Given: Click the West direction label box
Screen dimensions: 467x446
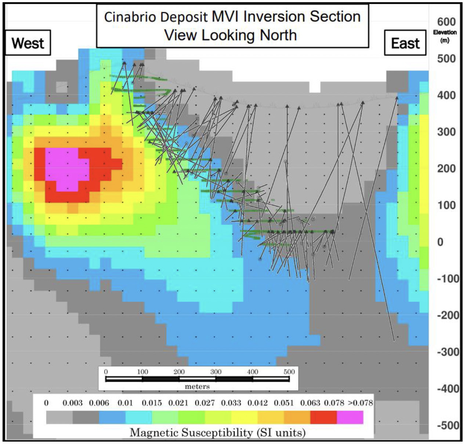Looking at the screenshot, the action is [x=28, y=43].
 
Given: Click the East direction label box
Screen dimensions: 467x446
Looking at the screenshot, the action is [x=405, y=43].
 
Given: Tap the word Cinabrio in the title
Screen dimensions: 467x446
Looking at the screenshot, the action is [x=131, y=17].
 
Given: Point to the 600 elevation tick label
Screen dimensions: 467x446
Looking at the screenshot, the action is [x=446, y=22].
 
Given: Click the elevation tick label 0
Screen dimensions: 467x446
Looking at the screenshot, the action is [x=440, y=242].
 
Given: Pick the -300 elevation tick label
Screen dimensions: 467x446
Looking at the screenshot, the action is [x=448, y=352].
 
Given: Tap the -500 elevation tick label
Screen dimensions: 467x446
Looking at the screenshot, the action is [x=448, y=425].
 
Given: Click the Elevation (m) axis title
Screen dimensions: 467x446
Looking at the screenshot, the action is [x=445, y=36].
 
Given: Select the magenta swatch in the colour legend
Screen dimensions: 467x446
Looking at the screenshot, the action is [x=350, y=417].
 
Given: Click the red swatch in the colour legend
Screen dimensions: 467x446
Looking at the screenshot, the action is [x=323, y=417].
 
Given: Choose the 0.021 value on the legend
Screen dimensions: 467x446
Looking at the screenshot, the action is [x=178, y=403].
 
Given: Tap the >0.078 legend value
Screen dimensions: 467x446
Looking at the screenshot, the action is [x=360, y=403].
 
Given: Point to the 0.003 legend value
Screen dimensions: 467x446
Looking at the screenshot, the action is [x=72, y=403].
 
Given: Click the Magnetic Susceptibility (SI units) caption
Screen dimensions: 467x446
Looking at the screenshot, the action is [x=218, y=433].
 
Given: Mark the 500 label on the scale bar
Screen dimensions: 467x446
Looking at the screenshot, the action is [x=289, y=371].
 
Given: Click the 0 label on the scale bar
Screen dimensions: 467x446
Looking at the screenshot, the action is [x=106, y=371].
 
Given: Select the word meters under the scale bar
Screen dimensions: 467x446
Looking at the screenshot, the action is [x=197, y=387].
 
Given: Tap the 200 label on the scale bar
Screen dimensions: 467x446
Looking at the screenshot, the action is [x=179, y=371].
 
